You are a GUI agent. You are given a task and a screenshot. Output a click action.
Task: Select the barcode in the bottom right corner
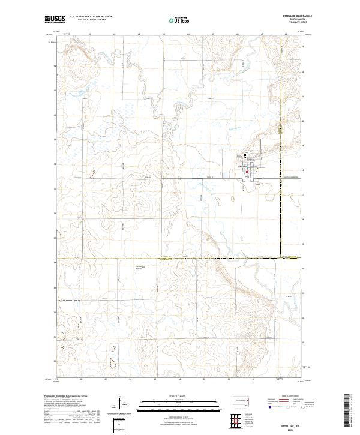351,411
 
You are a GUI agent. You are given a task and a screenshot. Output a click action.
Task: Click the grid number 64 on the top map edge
188,34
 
